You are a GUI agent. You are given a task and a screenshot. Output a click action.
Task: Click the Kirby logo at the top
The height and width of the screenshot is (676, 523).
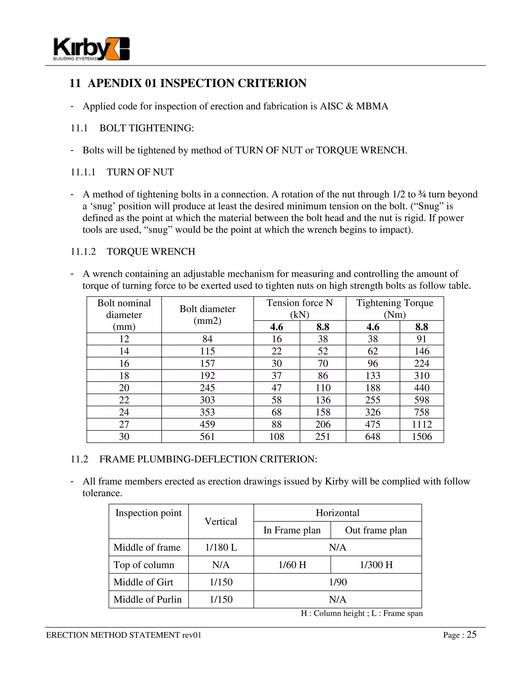91,49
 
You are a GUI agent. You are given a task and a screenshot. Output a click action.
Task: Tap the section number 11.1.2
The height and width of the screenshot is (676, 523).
83,252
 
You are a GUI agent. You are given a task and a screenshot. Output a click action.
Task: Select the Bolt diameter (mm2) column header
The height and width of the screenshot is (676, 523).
207,315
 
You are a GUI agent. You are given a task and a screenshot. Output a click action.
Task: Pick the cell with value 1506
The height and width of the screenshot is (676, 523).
422,436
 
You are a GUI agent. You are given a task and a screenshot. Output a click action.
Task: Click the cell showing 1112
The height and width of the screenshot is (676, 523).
422,424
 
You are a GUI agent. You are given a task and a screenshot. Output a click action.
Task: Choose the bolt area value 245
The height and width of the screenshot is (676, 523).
207,388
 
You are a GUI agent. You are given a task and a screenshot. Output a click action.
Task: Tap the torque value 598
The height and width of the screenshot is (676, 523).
422,400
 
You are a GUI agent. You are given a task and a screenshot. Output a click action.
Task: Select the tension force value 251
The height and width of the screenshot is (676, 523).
323,436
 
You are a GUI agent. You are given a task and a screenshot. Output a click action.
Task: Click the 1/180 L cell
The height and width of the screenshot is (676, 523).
221,547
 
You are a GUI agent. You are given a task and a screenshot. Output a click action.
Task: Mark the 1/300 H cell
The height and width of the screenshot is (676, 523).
376,565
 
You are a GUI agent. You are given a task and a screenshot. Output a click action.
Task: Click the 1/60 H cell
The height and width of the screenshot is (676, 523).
292,565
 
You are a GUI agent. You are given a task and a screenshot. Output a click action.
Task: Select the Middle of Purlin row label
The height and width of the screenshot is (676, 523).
148,599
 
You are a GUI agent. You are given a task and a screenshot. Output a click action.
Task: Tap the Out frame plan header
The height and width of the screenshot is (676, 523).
376,530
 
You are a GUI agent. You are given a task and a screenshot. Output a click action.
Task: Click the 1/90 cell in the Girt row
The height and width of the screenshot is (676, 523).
338,582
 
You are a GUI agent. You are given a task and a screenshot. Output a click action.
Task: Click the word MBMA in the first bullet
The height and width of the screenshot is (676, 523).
372,106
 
